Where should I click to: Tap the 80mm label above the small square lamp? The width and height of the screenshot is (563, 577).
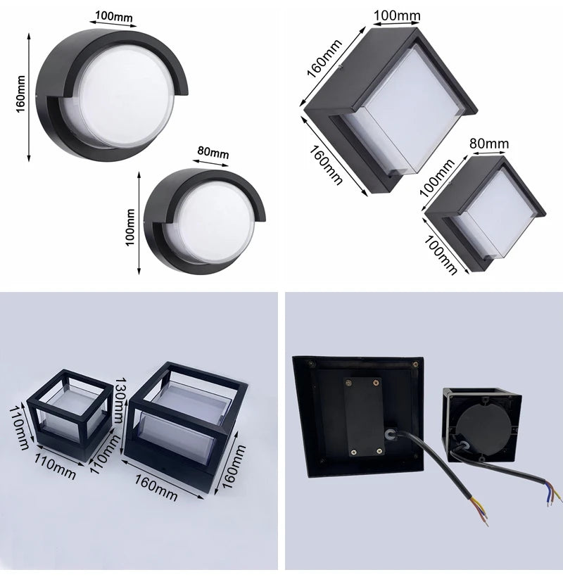point(489,144)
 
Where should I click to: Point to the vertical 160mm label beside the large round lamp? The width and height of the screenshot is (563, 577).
point(21,94)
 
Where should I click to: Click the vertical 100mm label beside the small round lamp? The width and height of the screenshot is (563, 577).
point(130,227)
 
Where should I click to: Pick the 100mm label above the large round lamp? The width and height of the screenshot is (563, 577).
point(114,17)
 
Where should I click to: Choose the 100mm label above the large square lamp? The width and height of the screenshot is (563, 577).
point(397,15)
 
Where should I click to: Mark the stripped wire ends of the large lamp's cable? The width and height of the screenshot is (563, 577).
point(479,509)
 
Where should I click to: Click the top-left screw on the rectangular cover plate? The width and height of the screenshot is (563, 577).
point(348,383)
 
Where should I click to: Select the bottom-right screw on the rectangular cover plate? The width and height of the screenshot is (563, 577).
point(379,450)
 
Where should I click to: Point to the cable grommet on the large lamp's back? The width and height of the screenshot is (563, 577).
point(390,434)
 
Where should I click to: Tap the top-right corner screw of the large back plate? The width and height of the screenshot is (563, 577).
point(415,364)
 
